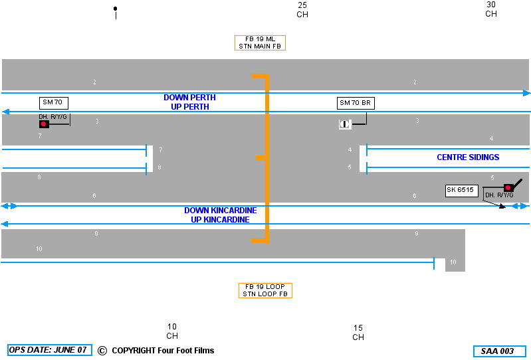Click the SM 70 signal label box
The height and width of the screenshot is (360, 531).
[54, 102]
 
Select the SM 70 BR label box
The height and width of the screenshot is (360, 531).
[356, 103]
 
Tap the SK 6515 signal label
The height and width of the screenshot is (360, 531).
[461, 191]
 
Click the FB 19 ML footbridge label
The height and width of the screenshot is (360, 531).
[260, 43]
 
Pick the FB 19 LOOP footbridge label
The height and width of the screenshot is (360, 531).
[265, 290]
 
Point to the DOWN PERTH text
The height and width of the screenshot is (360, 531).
[189, 98]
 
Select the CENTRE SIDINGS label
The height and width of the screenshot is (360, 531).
[468, 157]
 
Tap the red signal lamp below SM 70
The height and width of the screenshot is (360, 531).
[44, 124]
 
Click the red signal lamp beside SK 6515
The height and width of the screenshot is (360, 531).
[508, 188]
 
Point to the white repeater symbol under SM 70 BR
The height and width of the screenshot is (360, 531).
[345, 124]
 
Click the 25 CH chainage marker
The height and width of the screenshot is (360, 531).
[302, 9]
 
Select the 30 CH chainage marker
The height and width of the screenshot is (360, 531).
[491, 9]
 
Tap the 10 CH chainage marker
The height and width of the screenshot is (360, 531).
[172, 331]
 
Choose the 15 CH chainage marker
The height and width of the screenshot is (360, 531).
[358, 332]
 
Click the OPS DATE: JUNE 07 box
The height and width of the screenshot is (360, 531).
[50, 350]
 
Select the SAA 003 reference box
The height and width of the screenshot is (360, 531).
[499, 351]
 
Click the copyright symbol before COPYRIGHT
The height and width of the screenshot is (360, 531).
[102, 351]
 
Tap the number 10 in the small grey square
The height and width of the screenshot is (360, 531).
[453, 262]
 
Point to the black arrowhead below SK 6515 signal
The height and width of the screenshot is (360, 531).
[502, 207]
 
